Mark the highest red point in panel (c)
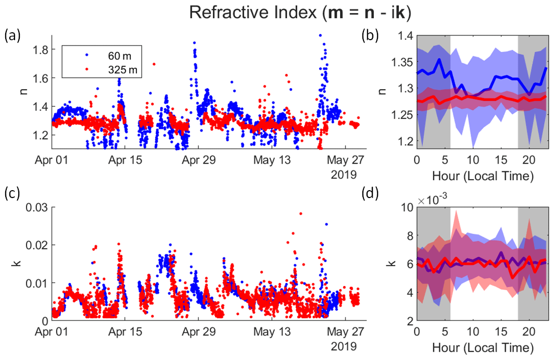point(300,214)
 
